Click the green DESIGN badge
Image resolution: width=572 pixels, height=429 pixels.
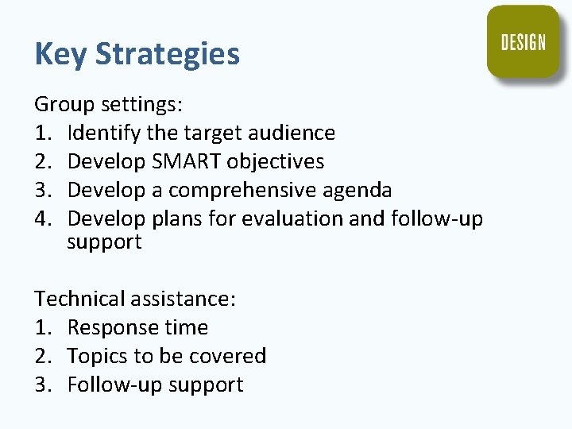523,42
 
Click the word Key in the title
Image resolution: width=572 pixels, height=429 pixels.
60,54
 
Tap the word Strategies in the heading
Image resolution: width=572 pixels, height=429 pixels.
167,55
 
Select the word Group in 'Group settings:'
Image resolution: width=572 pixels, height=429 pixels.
59,105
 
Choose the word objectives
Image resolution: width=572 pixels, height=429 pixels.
276,161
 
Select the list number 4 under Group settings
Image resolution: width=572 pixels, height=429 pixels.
41,218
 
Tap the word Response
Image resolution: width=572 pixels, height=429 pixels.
106,327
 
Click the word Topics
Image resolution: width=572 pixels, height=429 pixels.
94,356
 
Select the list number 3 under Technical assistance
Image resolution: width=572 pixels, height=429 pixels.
41,385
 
